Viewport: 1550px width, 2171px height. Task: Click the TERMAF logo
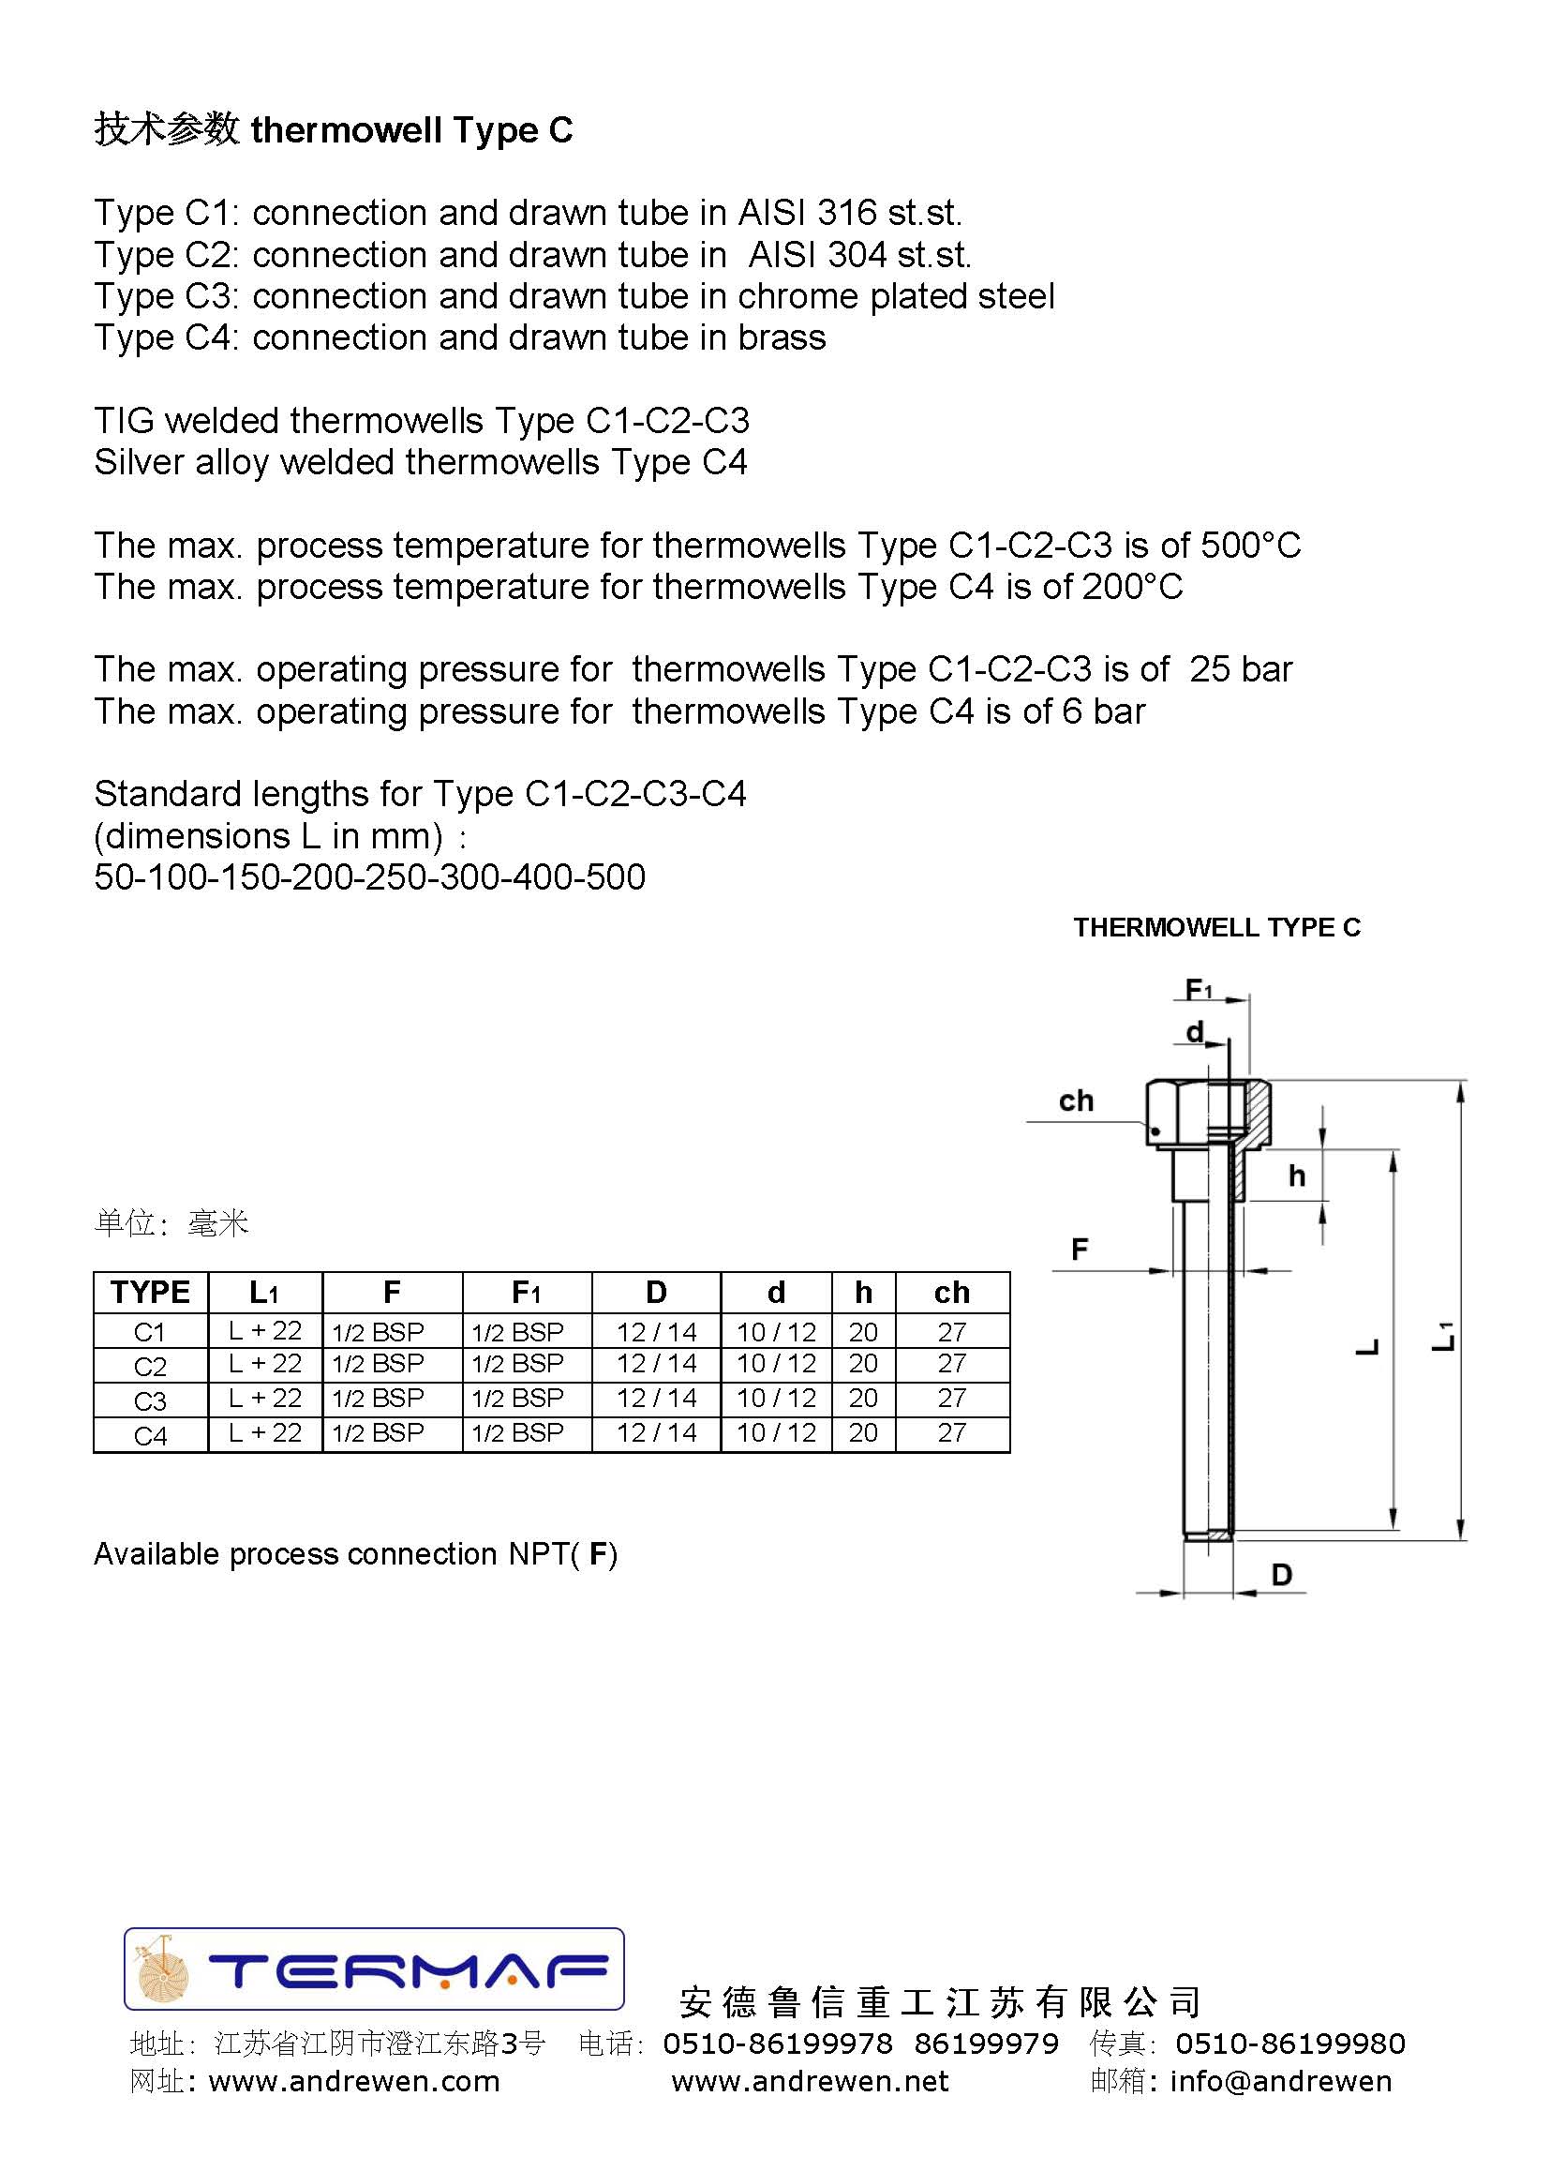click(374, 1969)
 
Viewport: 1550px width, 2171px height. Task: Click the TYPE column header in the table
click(150, 1293)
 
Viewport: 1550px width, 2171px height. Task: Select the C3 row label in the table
click(150, 1400)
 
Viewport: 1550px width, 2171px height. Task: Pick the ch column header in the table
click(951, 1293)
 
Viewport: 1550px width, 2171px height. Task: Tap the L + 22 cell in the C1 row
click(265, 1331)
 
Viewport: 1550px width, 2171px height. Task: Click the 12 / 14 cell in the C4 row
click(656, 1433)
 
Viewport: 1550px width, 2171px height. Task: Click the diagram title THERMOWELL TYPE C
click(1216, 928)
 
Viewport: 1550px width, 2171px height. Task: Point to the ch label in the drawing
click(1076, 1100)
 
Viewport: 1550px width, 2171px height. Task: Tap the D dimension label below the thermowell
click(1281, 1575)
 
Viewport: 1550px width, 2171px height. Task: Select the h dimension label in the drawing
click(1296, 1176)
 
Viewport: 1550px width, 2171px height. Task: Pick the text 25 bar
click(1240, 669)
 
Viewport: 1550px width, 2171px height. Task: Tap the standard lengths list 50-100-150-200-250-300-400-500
click(369, 877)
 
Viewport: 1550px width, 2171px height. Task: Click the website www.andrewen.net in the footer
click(810, 2081)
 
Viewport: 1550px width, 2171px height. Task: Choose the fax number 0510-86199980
click(1289, 2044)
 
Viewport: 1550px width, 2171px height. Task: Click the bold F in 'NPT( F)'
click(599, 1554)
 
